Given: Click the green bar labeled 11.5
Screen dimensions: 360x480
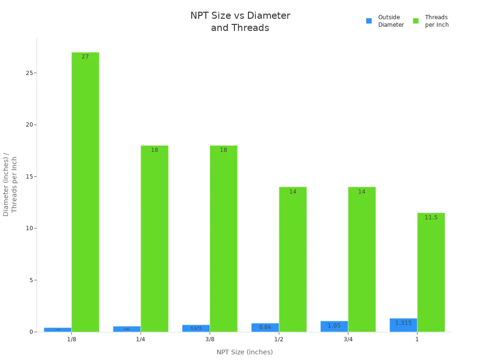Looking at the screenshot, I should [x=431, y=272].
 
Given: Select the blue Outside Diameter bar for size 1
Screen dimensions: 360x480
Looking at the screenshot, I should [x=403, y=325].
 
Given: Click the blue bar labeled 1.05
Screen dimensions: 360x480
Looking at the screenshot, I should [x=334, y=326].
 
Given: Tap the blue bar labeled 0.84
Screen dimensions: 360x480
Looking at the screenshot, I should [x=265, y=327].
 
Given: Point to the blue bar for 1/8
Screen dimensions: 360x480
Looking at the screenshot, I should [x=58, y=330].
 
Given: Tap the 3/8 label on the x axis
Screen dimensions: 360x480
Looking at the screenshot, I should [x=210, y=339].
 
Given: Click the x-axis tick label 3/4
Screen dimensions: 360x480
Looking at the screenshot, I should [x=348, y=339].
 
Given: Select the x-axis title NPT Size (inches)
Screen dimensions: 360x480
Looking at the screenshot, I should [x=244, y=352].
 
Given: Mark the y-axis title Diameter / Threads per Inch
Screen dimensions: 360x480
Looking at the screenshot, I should [x=10, y=184].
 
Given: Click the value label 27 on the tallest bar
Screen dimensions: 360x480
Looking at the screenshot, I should [x=85, y=57].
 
